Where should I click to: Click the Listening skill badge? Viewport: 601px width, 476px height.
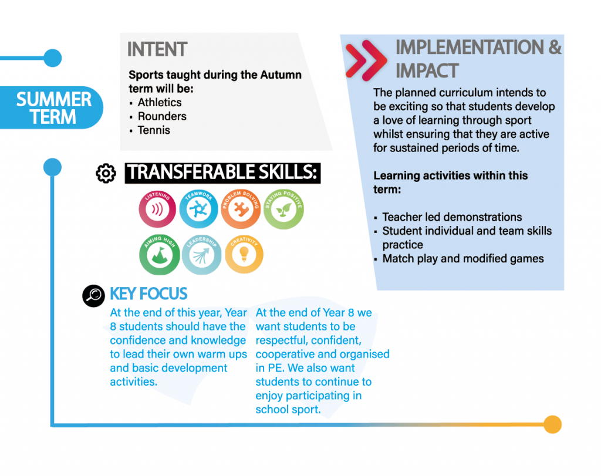157,210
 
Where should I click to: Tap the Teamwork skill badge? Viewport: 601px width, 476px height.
198,210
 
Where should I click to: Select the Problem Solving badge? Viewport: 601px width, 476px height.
241,210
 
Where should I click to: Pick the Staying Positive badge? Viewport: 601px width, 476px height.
283,210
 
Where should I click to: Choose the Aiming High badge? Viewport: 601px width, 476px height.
160,255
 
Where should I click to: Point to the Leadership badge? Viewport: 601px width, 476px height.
202,255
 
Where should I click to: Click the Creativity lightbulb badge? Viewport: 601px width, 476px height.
244,254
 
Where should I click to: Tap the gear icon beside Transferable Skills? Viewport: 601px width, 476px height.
106,173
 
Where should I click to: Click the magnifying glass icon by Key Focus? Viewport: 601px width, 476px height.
93,296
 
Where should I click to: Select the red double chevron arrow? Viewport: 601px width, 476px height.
366,60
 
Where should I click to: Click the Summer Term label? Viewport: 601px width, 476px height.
53,108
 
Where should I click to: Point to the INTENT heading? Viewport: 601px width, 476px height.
157,49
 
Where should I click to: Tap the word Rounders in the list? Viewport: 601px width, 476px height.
162,116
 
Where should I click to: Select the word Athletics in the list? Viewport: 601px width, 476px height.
160,102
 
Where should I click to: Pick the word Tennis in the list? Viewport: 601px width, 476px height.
154,130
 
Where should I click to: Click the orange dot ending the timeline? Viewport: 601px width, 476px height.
552,424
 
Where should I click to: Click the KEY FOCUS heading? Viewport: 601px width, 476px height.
148,294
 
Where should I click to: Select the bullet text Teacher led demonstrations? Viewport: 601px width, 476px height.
452,217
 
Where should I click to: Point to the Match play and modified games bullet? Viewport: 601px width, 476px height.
463,259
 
